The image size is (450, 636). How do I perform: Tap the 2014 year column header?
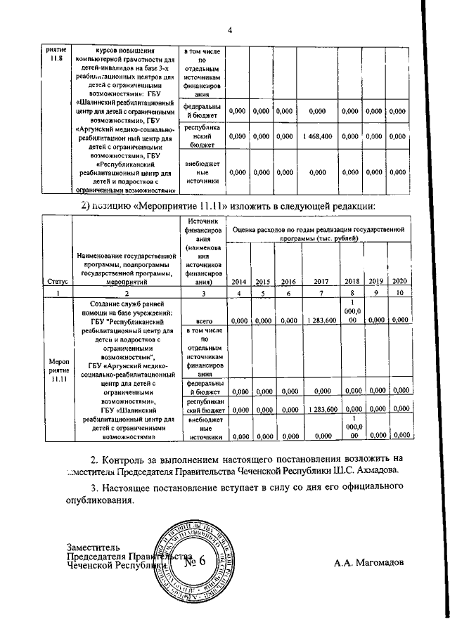[238, 281]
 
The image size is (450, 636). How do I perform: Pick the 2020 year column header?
[400, 281]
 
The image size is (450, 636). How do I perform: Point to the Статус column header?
[57, 281]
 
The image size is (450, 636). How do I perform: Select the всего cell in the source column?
[204, 320]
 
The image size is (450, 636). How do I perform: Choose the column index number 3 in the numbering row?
[204, 292]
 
